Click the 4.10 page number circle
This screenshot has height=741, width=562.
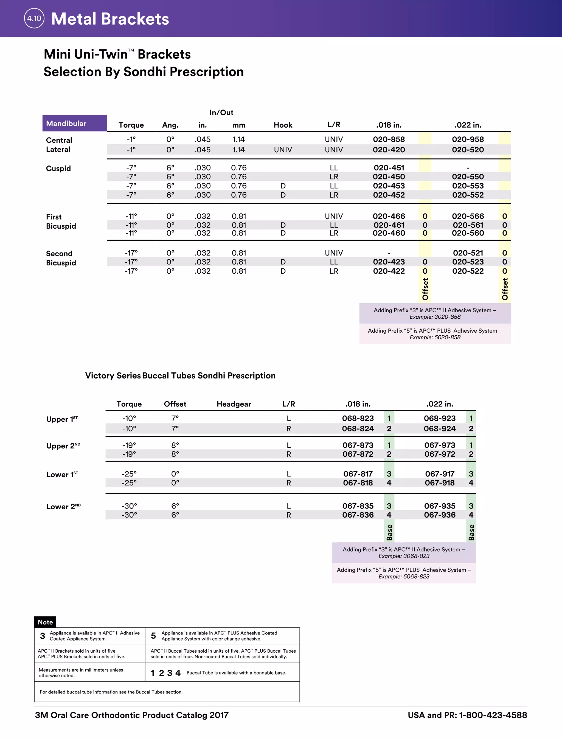34,18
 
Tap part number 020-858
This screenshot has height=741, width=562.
389,139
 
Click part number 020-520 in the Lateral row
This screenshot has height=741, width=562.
468,150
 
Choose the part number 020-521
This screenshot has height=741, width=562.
468,253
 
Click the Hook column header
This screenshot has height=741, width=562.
283,125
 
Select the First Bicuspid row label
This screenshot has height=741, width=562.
61,221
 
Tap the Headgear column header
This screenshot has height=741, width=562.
234,404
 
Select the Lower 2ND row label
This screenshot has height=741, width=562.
63,507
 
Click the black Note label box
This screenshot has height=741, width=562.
45,622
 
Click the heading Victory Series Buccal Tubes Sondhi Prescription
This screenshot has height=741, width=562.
180,375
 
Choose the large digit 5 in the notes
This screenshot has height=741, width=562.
153,636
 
